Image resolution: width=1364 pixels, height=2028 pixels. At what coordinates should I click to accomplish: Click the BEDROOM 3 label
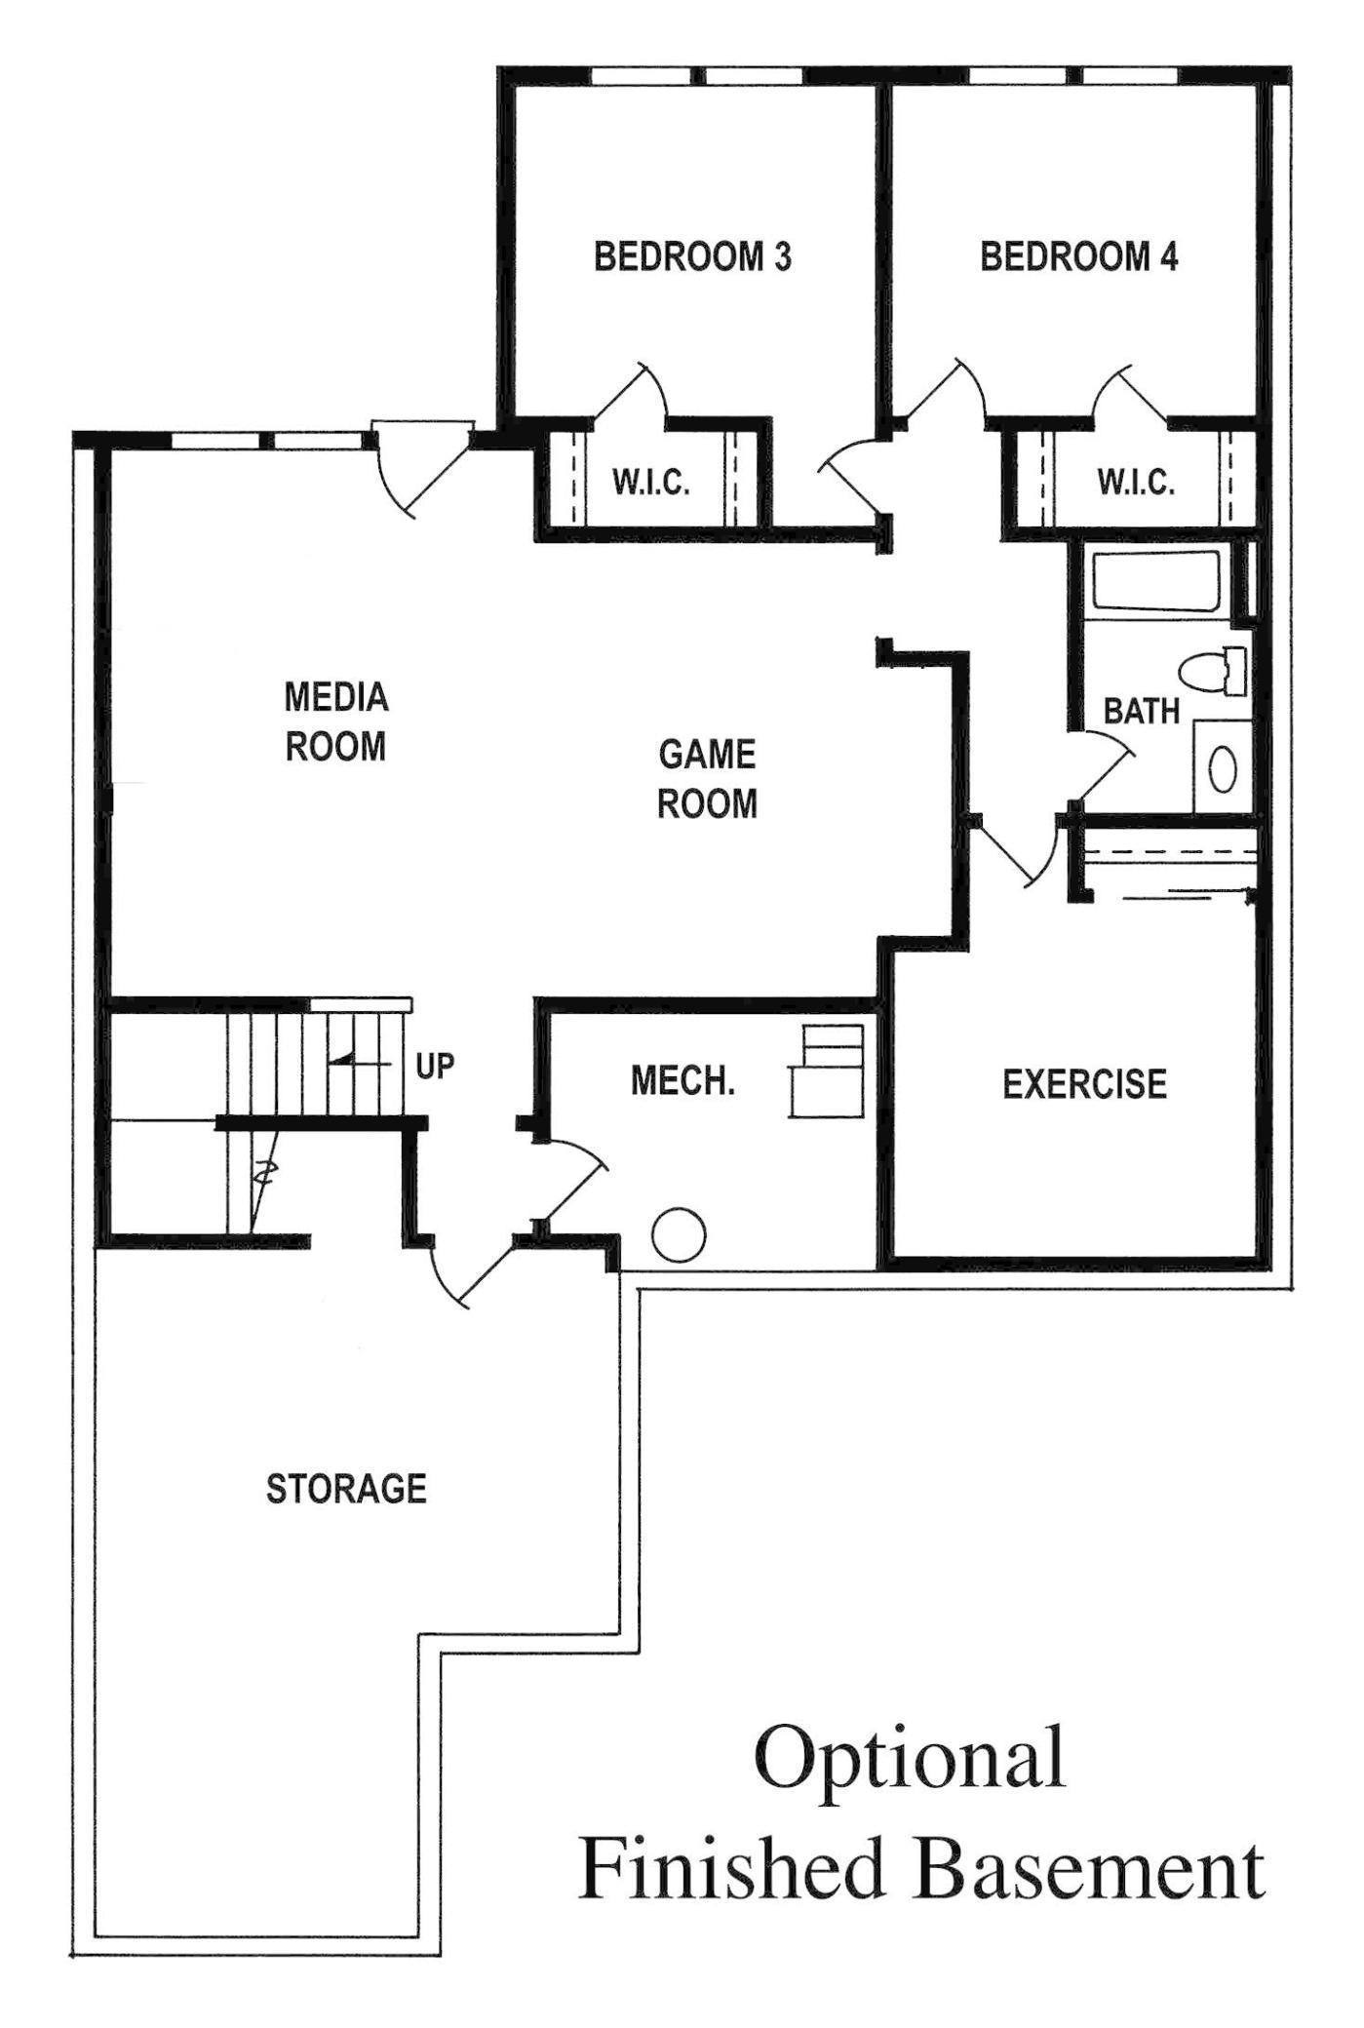tap(692, 256)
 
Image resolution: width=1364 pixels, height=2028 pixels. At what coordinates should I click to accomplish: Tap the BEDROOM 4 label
tap(1079, 256)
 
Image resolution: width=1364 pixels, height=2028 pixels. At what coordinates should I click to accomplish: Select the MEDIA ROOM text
tap(335, 721)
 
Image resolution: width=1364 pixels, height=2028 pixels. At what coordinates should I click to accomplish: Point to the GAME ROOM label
tap(707, 779)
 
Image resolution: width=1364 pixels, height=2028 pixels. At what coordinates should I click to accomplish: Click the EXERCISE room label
tap(1085, 1084)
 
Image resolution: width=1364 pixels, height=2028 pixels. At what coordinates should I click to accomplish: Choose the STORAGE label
tap(347, 1489)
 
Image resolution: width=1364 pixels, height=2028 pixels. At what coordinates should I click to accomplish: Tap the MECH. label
tap(682, 1080)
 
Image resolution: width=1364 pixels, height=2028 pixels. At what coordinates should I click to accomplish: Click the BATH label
tap(1142, 711)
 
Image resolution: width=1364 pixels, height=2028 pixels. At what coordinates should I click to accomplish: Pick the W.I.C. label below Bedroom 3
tap(651, 482)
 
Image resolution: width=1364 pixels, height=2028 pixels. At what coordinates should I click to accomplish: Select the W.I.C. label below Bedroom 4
tap(1136, 482)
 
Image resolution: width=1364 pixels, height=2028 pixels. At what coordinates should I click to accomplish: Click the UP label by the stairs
tap(435, 1067)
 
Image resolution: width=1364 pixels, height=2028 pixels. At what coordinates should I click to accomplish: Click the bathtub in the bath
tap(1155, 583)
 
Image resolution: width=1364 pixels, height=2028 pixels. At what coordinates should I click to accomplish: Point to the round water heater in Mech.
tap(678, 1234)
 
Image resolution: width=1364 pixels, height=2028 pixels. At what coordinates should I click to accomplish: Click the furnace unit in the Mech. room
tap(827, 1071)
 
